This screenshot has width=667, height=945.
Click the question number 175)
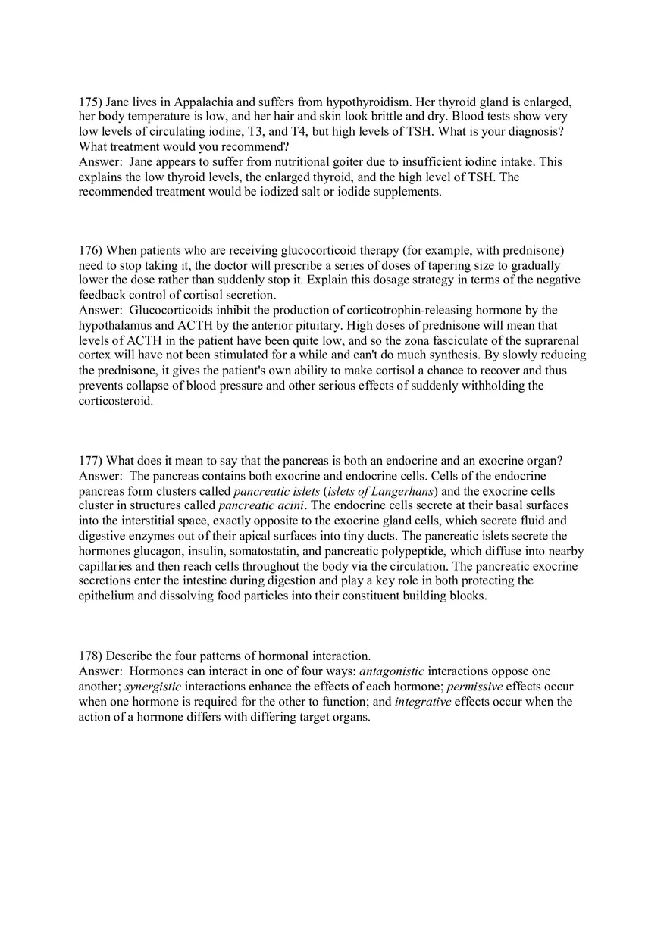click(90, 102)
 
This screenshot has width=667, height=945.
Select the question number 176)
click(90, 250)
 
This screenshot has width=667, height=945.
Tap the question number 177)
click(90, 461)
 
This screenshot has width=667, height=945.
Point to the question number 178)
click(90, 656)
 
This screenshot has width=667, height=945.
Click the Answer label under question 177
click(99, 476)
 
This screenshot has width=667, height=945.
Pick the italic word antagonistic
click(392, 671)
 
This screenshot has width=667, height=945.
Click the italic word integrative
click(423, 702)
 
